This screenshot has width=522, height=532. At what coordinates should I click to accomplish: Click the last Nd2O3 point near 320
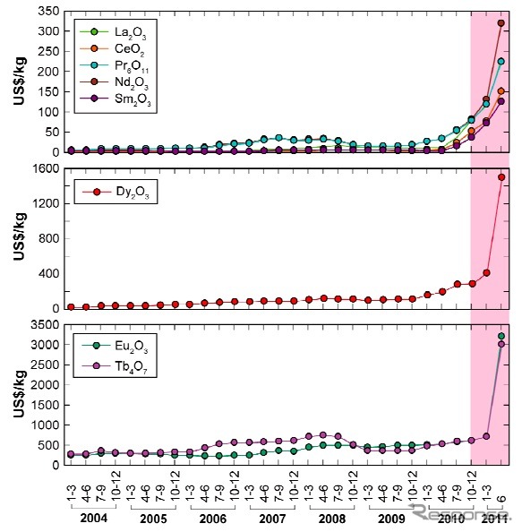tap(501, 23)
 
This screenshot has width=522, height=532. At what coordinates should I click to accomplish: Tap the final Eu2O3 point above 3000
tap(501, 336)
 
